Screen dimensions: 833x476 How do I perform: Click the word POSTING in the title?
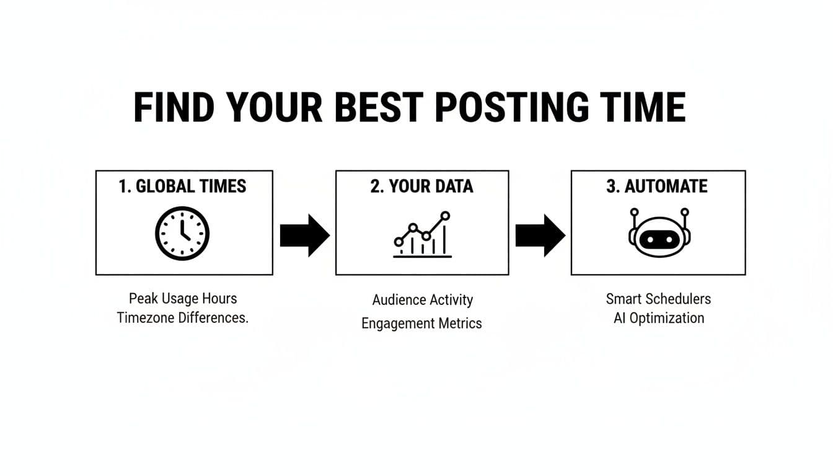pos(511,107)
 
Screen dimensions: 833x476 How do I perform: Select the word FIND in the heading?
pos(174,107)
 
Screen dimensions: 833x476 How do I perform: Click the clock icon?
pos(182,233)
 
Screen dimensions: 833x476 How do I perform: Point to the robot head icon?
pos(659,233)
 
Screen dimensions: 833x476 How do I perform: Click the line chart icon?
pos(423,234)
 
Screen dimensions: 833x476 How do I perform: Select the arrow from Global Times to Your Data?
pos(305,236)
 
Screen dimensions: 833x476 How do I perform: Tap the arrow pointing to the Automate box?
pos(540,236)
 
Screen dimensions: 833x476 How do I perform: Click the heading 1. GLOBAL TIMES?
pos(182,187)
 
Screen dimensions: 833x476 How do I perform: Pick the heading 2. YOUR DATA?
pos(421,187)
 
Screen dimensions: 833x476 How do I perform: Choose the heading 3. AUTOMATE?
pos(657,187)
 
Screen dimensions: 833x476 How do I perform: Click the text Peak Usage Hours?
pos(183,299)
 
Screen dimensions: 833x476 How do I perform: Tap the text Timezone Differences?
pos(183,318)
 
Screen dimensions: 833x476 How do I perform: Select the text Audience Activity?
pos(423,300)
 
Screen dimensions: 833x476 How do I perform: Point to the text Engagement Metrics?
pos(421,324)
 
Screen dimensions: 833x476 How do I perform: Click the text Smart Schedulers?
pos(658,299)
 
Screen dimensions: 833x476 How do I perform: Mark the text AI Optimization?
pos(659,319)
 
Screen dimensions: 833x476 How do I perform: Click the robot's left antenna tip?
pos(635,213)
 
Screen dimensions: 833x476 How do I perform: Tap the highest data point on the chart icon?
pos(445,216)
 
